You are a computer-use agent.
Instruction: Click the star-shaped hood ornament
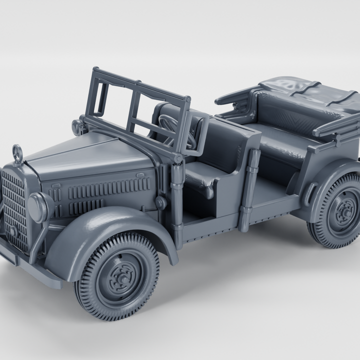tap(17, 152)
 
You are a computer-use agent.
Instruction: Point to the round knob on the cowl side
tap(160, 202)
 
